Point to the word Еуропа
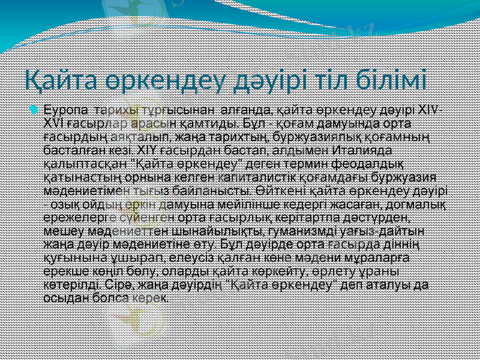coord(64,110)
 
